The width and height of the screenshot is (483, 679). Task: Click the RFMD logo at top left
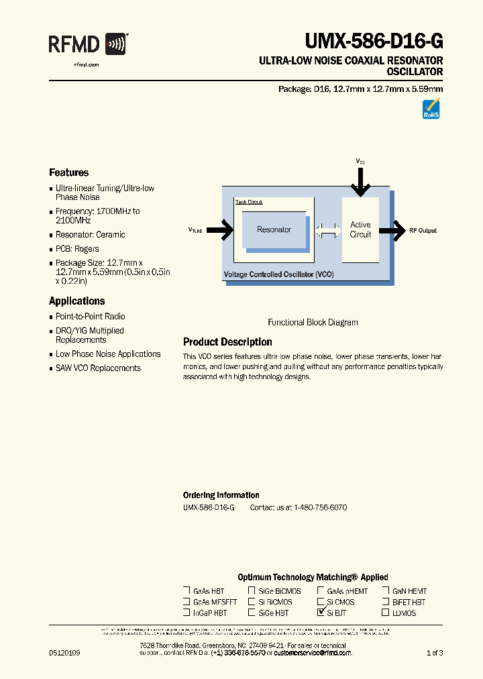[88, 46]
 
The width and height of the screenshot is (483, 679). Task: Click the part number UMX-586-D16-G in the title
[374, 42]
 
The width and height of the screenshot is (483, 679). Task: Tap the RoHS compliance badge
[431, 109]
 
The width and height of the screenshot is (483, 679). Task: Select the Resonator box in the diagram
[274, 230]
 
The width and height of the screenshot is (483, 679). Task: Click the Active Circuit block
[360, 229]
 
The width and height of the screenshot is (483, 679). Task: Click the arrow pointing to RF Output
[392, 230]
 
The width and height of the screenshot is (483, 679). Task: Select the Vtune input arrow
[221, 230]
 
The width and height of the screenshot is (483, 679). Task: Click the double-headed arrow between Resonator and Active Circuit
[328, 230]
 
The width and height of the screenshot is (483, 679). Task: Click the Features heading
[68, 172]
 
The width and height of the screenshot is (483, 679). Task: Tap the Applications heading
[76, 301]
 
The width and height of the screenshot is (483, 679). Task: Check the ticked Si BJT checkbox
[320, 613]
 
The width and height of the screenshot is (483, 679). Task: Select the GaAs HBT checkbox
[186, 591]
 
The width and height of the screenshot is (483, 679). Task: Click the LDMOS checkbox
[386, 613]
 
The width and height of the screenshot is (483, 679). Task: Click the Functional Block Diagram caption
[313, 322]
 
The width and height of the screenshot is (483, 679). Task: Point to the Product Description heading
[227, 342]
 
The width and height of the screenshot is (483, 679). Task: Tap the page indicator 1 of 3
[435, 653]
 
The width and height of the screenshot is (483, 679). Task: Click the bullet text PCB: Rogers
[77, 249]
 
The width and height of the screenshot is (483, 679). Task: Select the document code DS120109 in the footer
[64, 653]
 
